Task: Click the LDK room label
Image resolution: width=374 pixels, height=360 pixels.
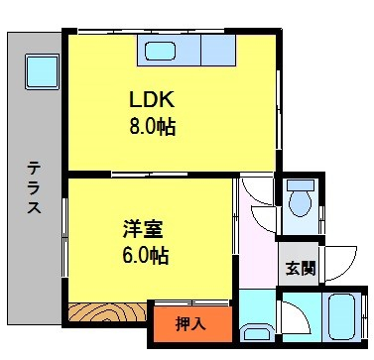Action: (x=151, y=101)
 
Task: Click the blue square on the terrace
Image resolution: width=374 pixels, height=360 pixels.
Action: (x=41, y=70)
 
